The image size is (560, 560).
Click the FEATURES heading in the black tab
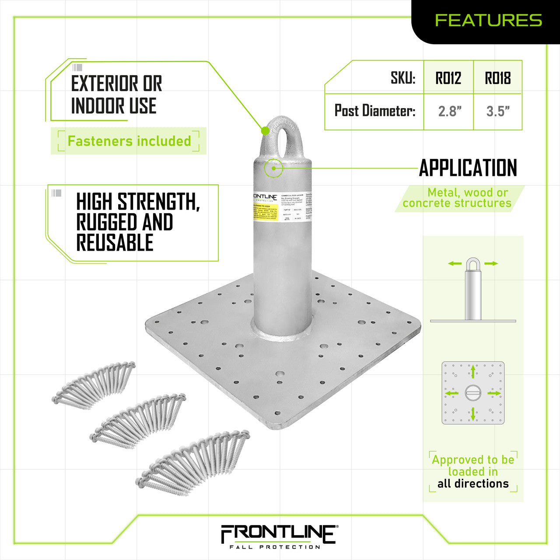tap(488, 20)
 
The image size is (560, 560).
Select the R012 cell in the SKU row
tap(448, 78)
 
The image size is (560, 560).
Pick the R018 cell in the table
tap(498, 78)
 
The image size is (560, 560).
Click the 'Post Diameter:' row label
tap(375, 111)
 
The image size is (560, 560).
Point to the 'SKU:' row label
tap(403, 78)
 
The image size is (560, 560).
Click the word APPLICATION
tap(468, 168)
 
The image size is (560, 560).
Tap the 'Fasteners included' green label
tap(129, 141)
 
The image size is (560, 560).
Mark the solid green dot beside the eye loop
tap(265, 130)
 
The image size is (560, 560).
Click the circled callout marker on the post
tap(274, 168)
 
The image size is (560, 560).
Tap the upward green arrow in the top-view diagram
tap(473, 372)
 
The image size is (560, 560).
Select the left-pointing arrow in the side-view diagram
tap(455, 263)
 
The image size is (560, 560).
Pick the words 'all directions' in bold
tap(473, 483)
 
